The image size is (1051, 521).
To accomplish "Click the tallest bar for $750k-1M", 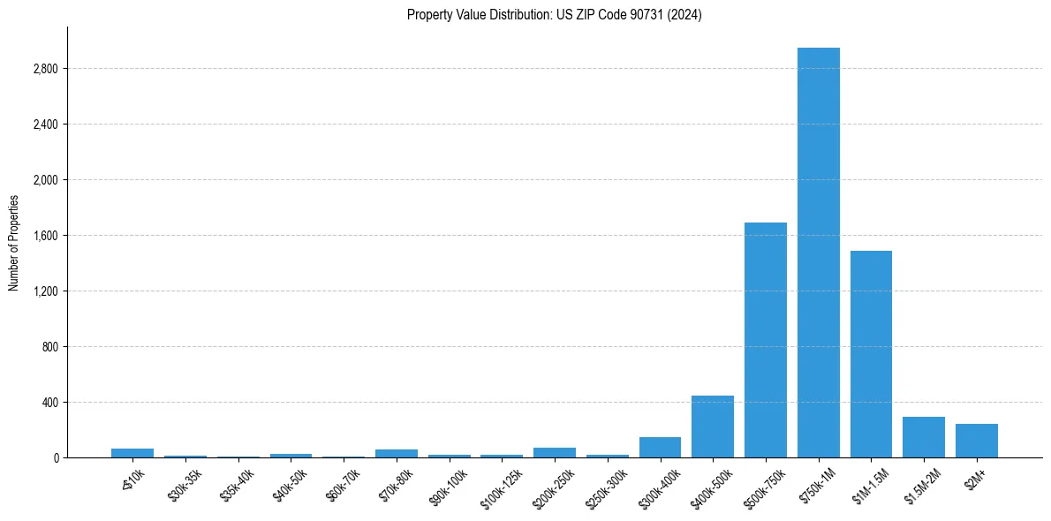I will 818,253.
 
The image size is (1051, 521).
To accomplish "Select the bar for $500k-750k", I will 765,340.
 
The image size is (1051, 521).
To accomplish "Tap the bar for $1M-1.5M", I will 871,354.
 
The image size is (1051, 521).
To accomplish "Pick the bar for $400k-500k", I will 712,427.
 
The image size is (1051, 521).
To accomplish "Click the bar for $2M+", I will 976,441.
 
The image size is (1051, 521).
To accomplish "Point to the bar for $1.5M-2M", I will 923,437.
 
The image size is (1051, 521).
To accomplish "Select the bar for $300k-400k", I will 660,448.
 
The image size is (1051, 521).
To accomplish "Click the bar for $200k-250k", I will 554,453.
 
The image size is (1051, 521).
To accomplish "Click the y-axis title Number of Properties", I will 13,242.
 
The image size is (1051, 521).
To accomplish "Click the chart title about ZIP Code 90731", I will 554,15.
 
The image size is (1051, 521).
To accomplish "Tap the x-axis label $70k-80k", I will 395,484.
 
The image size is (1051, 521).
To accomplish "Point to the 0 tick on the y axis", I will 55,458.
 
